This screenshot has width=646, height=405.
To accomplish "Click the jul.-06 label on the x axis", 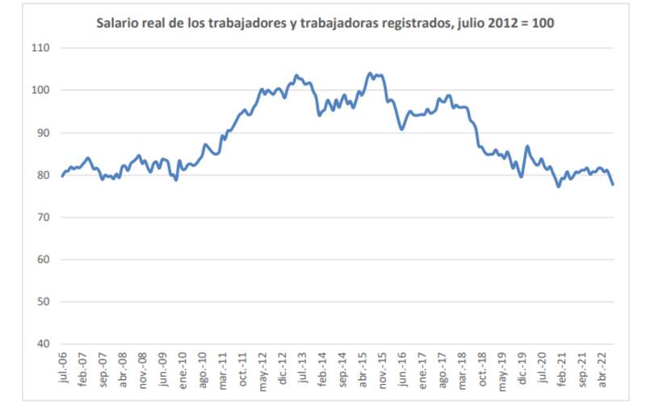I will [65, 369].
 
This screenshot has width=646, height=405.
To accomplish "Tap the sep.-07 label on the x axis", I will [104, 369].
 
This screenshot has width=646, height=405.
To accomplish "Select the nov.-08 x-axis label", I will [144, 369].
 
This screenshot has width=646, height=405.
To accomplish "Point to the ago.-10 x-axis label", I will [203, 369].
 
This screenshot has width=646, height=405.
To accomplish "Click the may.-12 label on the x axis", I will [262, 369].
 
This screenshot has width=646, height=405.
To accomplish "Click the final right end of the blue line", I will [612, 184].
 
